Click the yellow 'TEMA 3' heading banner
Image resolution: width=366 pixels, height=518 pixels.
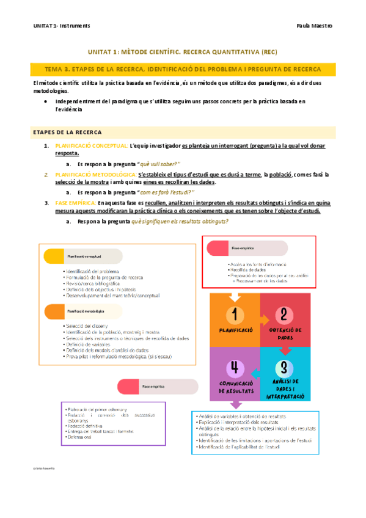click(x=183, y=70)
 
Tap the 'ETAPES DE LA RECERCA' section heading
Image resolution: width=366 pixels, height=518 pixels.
click(x=67, y=132)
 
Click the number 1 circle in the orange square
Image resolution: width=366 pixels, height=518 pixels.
click(x=235, y=315)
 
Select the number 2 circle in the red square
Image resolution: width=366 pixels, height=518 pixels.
click(x=285, y=315)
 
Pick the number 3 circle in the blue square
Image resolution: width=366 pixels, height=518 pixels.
click(x=285, y=367)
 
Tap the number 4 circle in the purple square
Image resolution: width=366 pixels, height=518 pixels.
click(x=235, y=367)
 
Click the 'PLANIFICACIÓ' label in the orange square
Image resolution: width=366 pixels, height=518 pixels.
click(x=235, y=329)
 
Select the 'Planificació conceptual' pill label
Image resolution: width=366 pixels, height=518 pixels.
click(x=84, y=257)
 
